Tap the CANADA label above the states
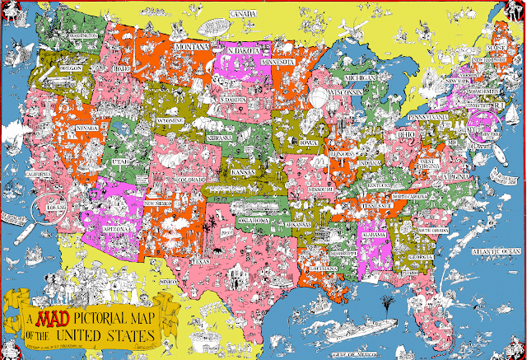click(x=240, y=14)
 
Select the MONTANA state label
click(x=191, y=49)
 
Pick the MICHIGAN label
click(x=358, y=78)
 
